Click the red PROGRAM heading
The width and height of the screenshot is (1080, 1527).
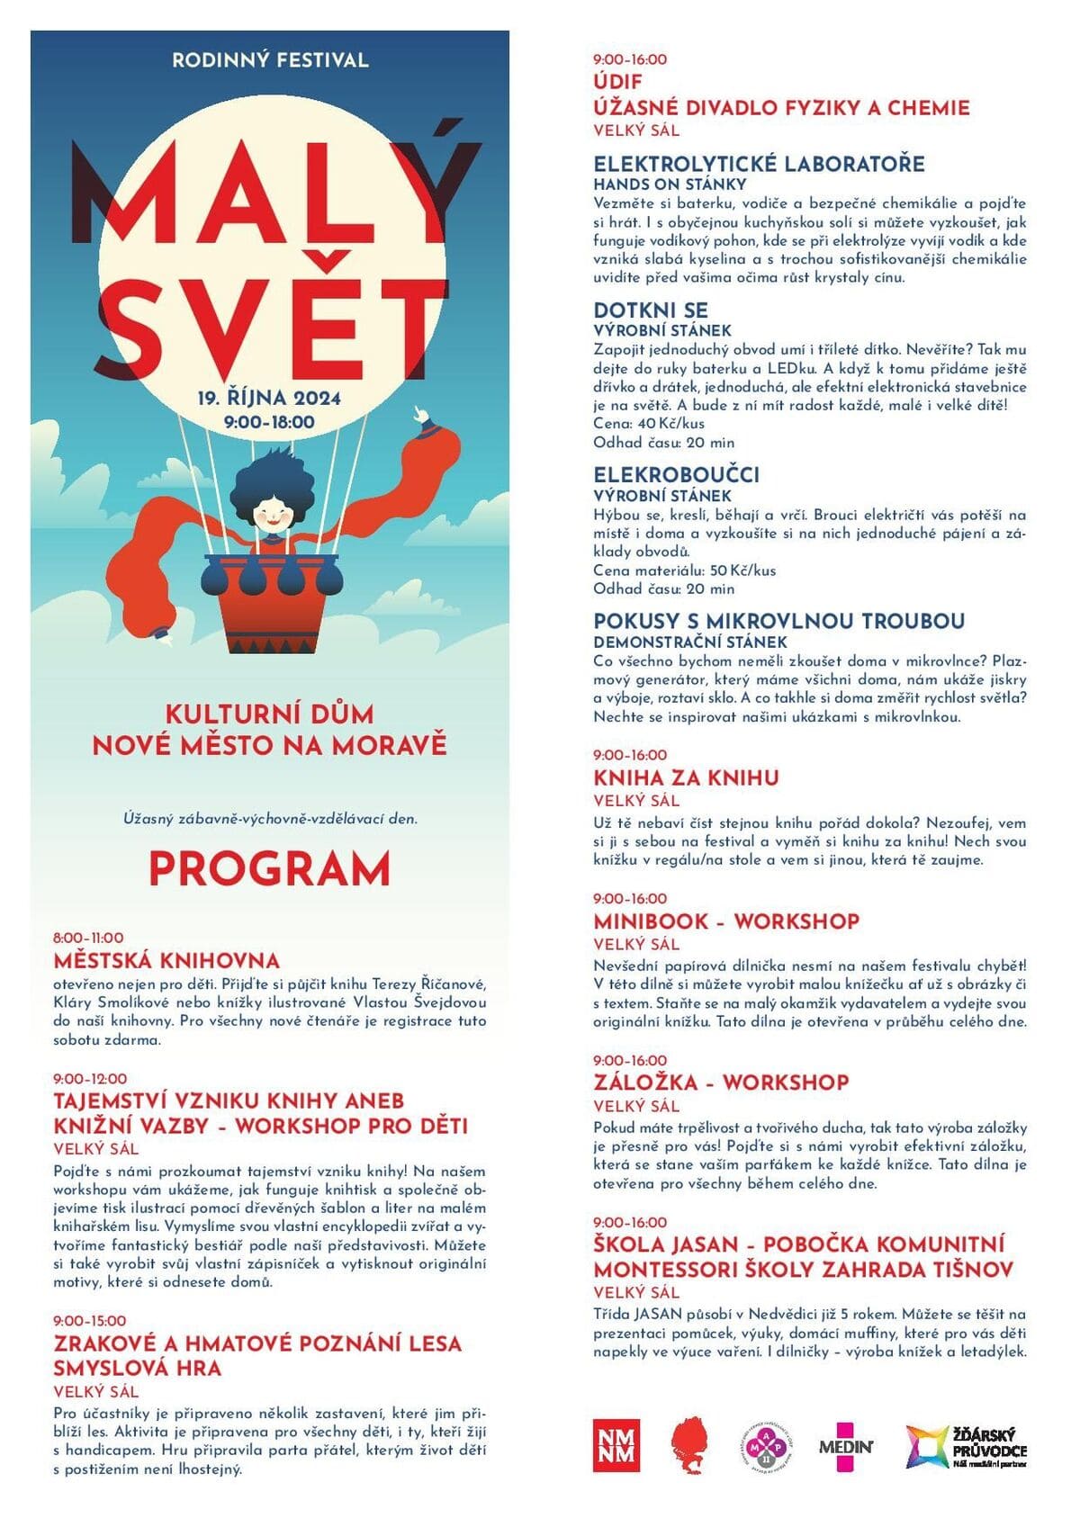tap(269, 868)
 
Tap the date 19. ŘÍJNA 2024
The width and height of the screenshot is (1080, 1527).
tap(269, 398)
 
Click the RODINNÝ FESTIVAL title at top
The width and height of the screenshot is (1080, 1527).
tap(270, 60)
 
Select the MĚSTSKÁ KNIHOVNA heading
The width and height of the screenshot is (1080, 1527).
tap(166, 960)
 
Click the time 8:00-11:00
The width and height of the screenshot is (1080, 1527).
tap(88, 938)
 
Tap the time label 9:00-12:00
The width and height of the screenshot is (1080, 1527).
tap(90, 1078)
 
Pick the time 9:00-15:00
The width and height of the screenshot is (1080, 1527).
tap(90, 1321)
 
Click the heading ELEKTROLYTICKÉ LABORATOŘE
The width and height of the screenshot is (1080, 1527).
tap(759, 164)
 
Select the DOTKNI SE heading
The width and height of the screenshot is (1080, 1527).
tap(651, 310)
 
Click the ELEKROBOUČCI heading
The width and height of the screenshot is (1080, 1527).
tap(676, 474)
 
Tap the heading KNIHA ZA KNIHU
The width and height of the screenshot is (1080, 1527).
tap(686, 777)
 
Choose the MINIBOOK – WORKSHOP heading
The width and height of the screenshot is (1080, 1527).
tap(726, 921)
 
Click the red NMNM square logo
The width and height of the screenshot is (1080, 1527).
tap(616, 1446)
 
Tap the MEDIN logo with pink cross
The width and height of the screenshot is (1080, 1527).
tap(845, 1446)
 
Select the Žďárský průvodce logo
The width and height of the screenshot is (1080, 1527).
tap(966, 1446)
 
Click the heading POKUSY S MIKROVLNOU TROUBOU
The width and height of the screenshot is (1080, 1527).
tap(778, 621)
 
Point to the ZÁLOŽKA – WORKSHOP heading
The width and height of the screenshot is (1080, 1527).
tap(721, 1082)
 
